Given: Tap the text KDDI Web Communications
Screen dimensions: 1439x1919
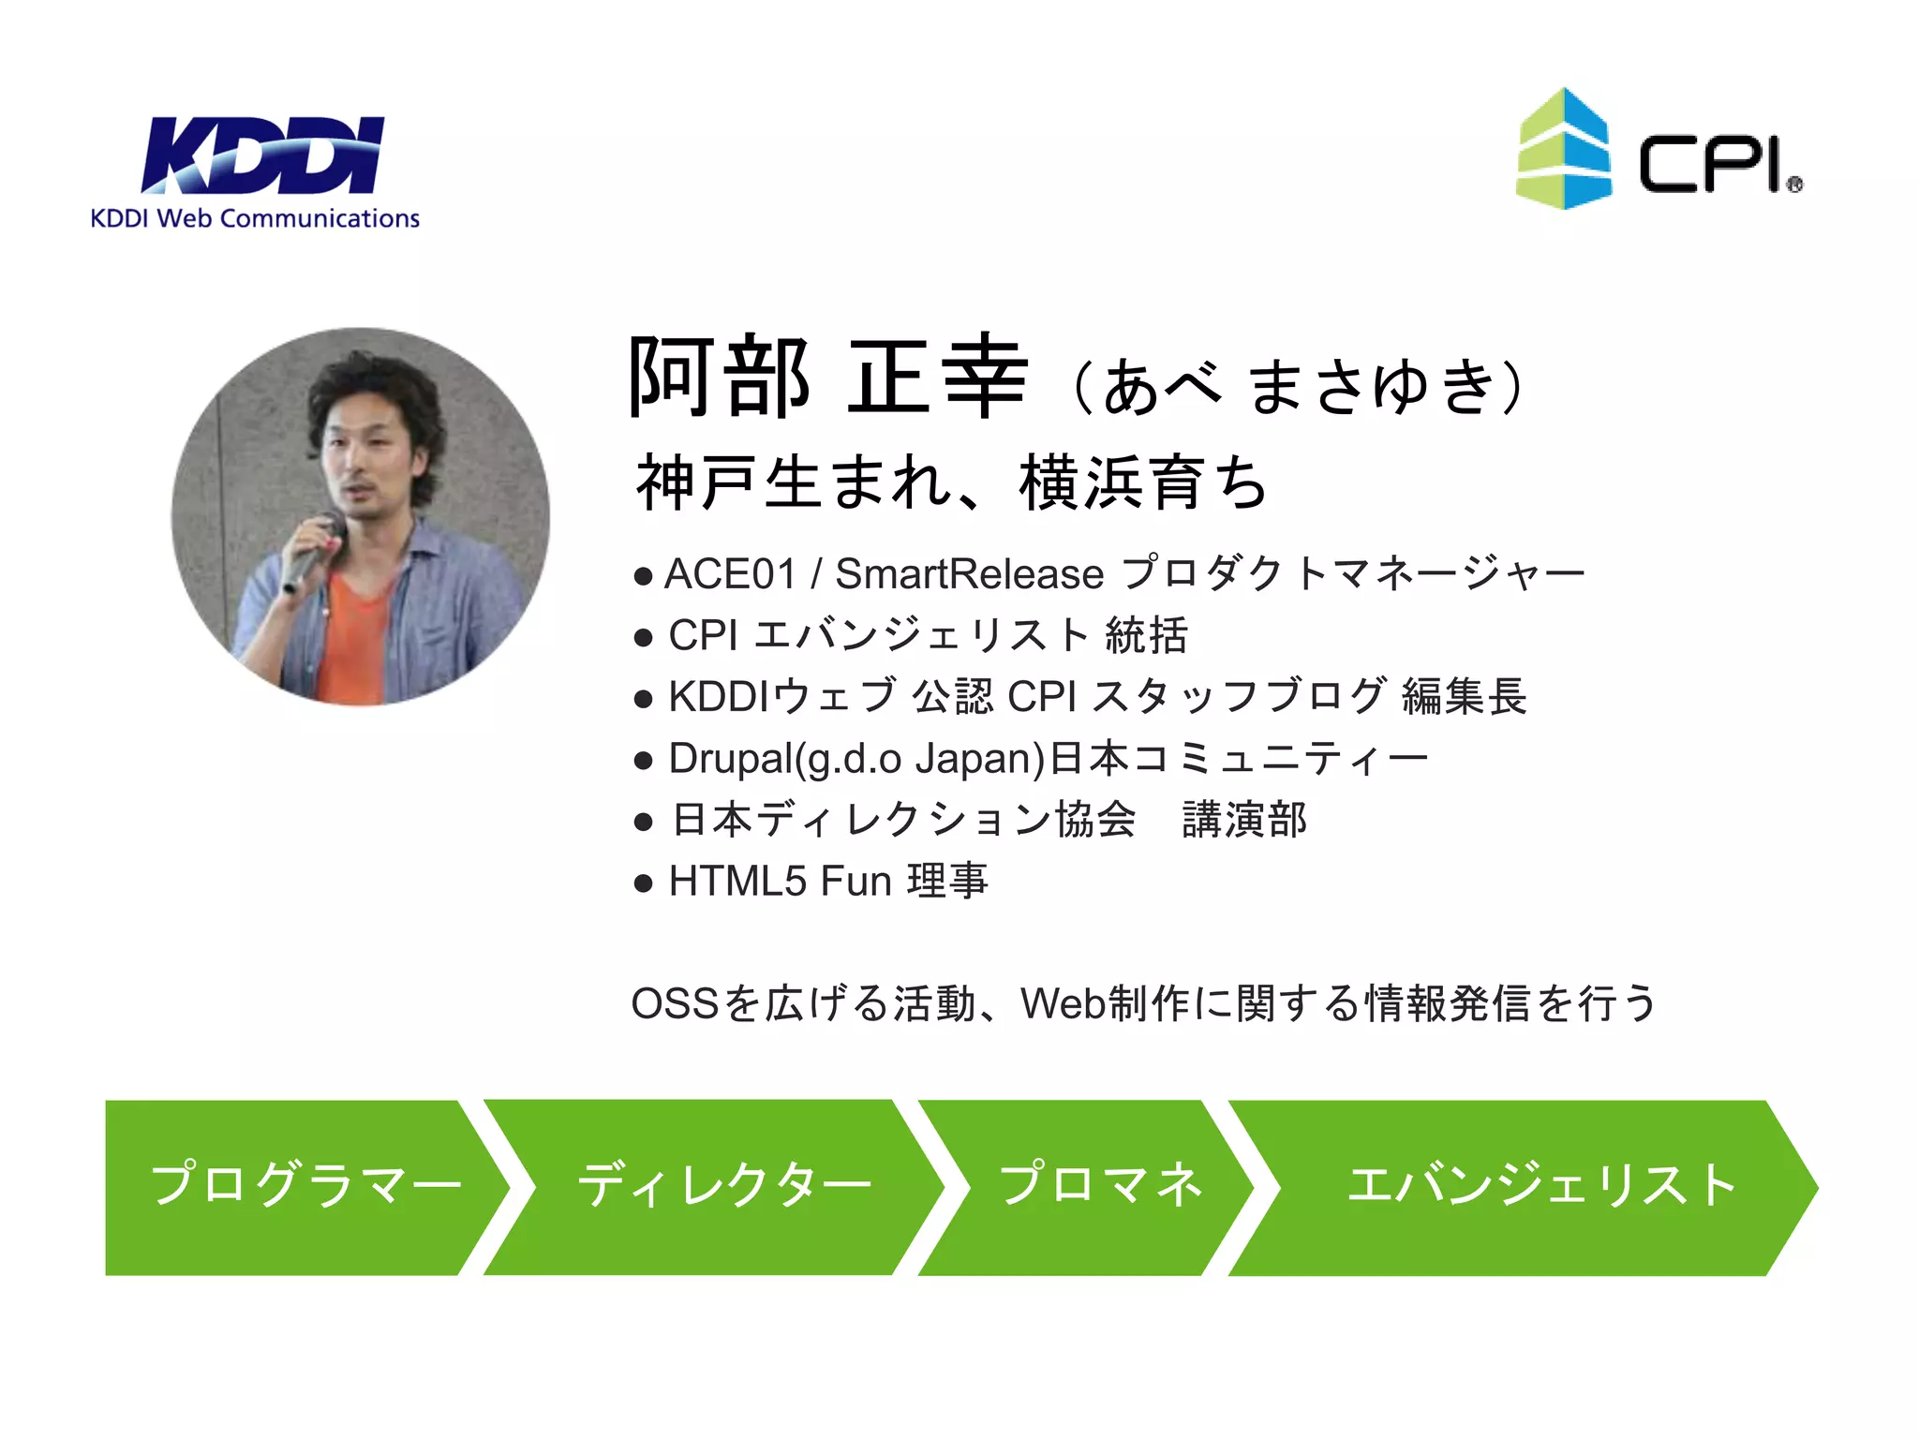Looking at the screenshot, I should [255, 218].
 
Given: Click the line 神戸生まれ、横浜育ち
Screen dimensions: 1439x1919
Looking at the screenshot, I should [951, 482].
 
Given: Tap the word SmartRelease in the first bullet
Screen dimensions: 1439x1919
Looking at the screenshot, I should [969, 573].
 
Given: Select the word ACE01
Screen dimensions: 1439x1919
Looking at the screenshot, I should [730, 573].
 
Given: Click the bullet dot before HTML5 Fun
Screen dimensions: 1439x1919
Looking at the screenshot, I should [643, 883].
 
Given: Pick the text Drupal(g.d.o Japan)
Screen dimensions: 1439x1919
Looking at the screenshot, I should [856, 758].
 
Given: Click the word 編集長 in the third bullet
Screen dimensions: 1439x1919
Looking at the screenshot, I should [1464, 697].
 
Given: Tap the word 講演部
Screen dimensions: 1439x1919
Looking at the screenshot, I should [1244, 820].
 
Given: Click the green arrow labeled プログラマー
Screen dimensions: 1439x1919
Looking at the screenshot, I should [300, 1186].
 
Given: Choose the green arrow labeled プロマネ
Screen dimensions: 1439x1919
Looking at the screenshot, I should [1096, 1186].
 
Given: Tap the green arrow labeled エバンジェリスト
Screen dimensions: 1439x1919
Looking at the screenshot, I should [1537, 1186].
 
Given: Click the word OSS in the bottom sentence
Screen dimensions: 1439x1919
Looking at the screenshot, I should [675, 1003].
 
